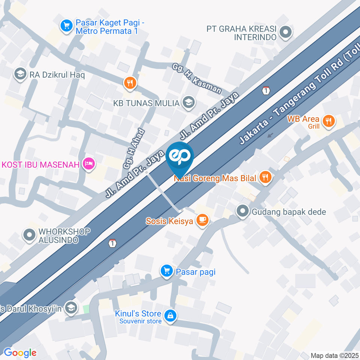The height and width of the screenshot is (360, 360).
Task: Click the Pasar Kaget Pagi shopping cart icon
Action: click(67, 26)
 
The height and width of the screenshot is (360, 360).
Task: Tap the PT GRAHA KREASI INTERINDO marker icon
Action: click(286, 33)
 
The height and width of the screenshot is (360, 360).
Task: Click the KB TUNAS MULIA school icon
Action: click(189, 102)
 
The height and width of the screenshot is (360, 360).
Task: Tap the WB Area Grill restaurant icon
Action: click(329, 121)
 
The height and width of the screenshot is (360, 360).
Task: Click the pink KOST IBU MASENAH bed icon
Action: click(89, 163)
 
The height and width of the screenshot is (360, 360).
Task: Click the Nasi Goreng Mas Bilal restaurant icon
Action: click(265, 178)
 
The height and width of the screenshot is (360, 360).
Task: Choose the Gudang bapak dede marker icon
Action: click(243, 211)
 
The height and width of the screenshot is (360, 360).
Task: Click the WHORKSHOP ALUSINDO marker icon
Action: click(29, 235)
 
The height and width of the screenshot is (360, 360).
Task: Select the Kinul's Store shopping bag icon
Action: click(171, 316)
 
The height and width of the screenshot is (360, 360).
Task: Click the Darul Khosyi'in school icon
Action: click(70, 308)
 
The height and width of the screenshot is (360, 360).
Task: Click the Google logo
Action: click(20, 352)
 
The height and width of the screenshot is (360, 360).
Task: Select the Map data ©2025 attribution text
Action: click(334, 355)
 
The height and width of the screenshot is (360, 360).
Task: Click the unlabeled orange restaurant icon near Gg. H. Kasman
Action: click(129, 83)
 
